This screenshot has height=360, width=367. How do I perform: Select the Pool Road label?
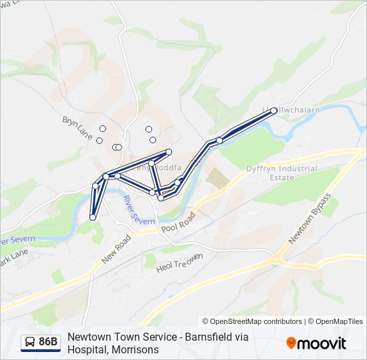[178, 225]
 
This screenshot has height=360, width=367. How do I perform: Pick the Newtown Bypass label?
[310, 218]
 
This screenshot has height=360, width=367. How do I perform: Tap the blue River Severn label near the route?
[139, 211]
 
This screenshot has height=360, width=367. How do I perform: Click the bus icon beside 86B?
[29, 343]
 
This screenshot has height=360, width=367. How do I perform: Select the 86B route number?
[48, 343]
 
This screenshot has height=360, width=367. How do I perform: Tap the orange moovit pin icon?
[291, 343]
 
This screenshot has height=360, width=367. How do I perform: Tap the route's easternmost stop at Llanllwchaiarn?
[274, 111]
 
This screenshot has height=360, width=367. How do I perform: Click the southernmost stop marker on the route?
[93, 217]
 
